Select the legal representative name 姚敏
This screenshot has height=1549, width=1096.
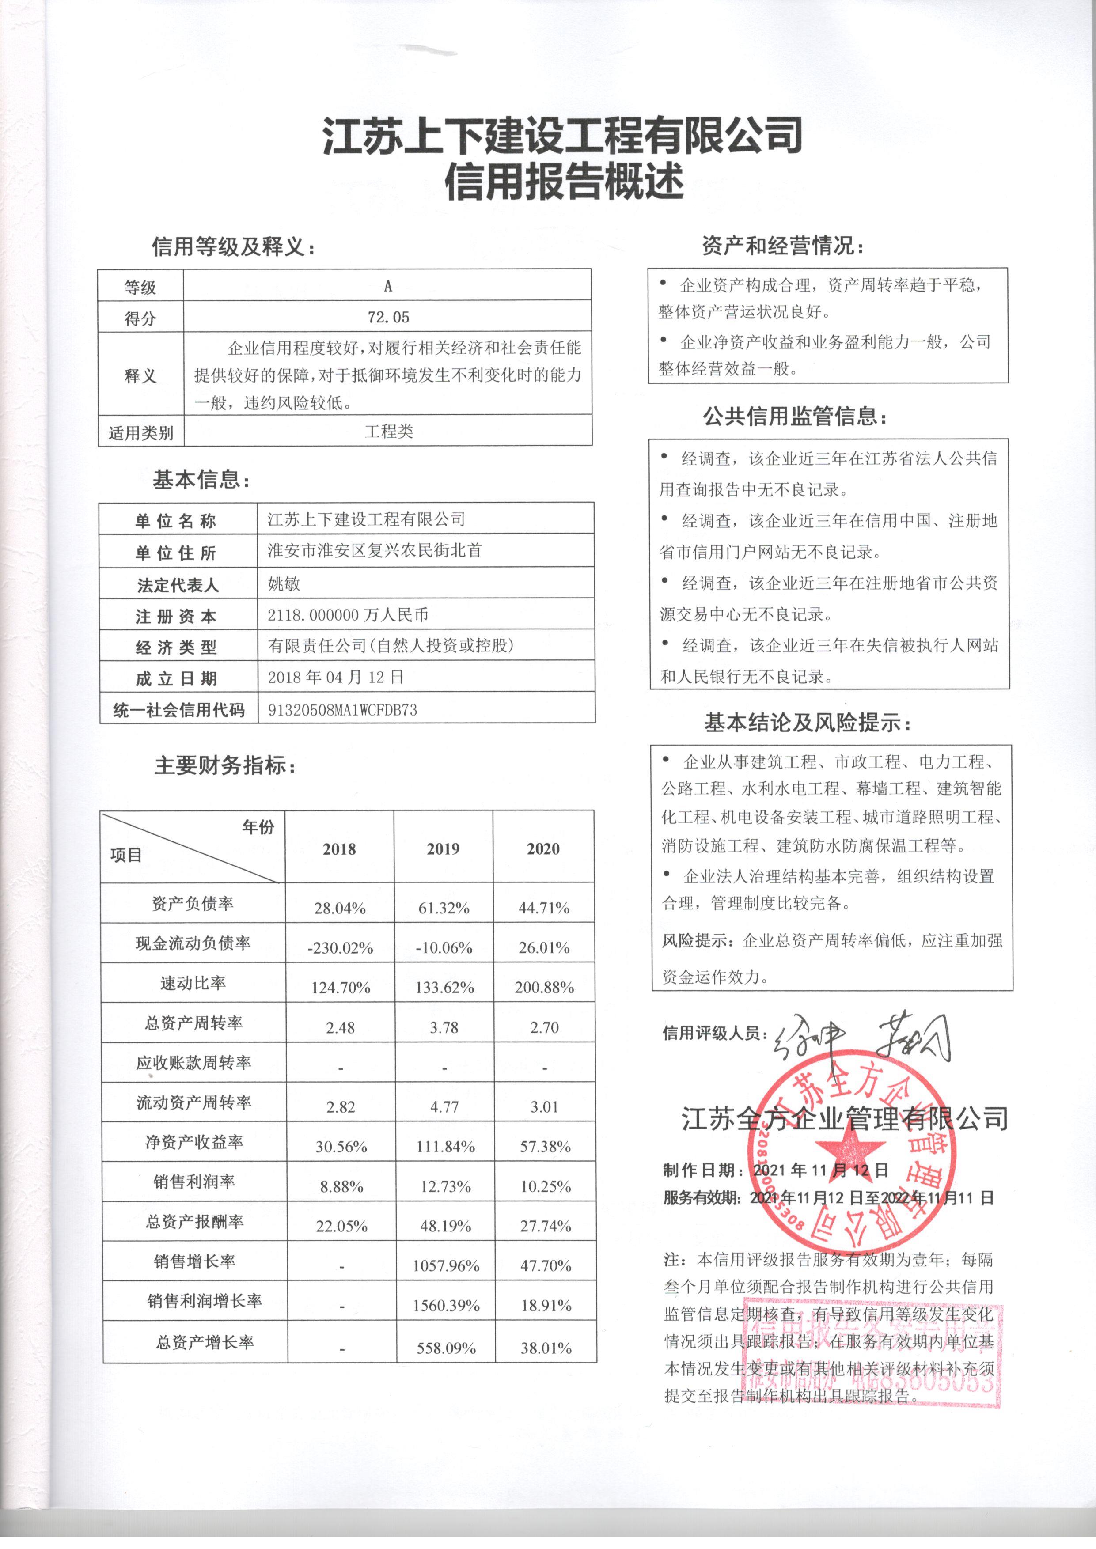click(284, 583)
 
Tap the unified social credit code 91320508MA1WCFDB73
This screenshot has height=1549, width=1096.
click(342, 710)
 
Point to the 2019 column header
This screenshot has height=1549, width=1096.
click(443, 849)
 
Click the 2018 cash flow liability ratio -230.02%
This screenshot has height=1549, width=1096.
click(340, 948)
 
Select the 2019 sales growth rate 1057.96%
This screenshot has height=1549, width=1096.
click(445, 1265)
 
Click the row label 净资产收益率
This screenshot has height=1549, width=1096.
click(193, 1142)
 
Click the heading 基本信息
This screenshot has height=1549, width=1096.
click(201, 481)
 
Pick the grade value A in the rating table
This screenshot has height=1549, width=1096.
click(387, 286)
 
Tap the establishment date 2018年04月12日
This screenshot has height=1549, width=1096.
click(335, 678)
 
